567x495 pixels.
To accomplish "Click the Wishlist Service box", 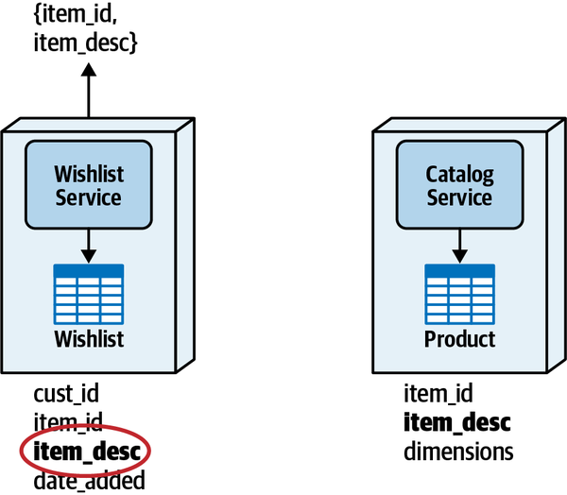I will click(x=88, y=185).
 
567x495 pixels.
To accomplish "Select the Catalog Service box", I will click(x=459, y=185).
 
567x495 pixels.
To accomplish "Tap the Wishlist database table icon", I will click(x=88, y=293).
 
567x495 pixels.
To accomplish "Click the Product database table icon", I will click(x=459, y=293).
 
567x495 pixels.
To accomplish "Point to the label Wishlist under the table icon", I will click(x=88, y=338).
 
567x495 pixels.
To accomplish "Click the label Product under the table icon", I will click(x=459, y=339).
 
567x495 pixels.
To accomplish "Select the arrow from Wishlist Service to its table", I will click(x=88, y=247).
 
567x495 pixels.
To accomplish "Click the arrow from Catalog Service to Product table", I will click(x=459, y=247).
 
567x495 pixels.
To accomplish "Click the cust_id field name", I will click(x=65, y=393).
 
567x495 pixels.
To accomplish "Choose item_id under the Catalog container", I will click(x=438, y=393).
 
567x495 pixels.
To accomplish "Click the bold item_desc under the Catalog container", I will click(x=457, y=421).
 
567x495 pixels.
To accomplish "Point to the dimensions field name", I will click(x=458, y=452).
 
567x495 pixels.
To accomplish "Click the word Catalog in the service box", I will click(x=459, y=174).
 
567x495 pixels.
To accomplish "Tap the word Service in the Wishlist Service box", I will click(x=88, y=197).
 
